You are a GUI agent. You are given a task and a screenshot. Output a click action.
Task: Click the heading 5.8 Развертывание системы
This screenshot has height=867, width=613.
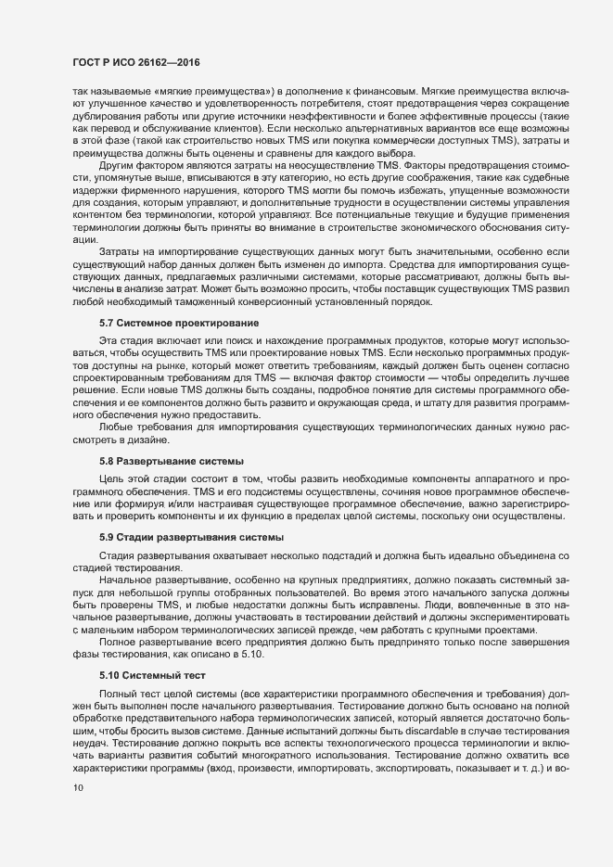pyautogui.click(x=159, y=461)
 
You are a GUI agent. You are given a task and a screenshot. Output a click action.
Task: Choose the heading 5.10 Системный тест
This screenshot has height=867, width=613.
pyautogui.click(x=145, y=676)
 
